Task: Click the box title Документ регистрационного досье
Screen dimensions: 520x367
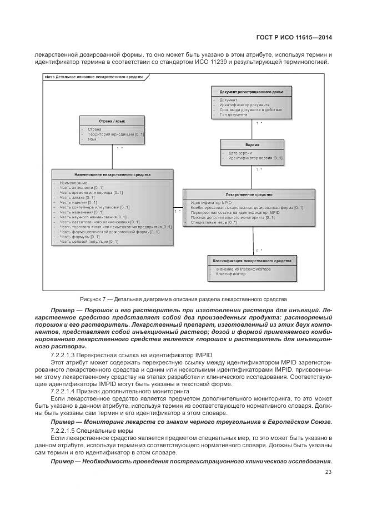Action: coord(251,91)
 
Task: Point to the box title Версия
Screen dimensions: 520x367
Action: coord(252,144)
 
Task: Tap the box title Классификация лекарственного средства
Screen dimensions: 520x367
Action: coord(252,261)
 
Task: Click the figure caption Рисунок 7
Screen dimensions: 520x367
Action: coord(183,298)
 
